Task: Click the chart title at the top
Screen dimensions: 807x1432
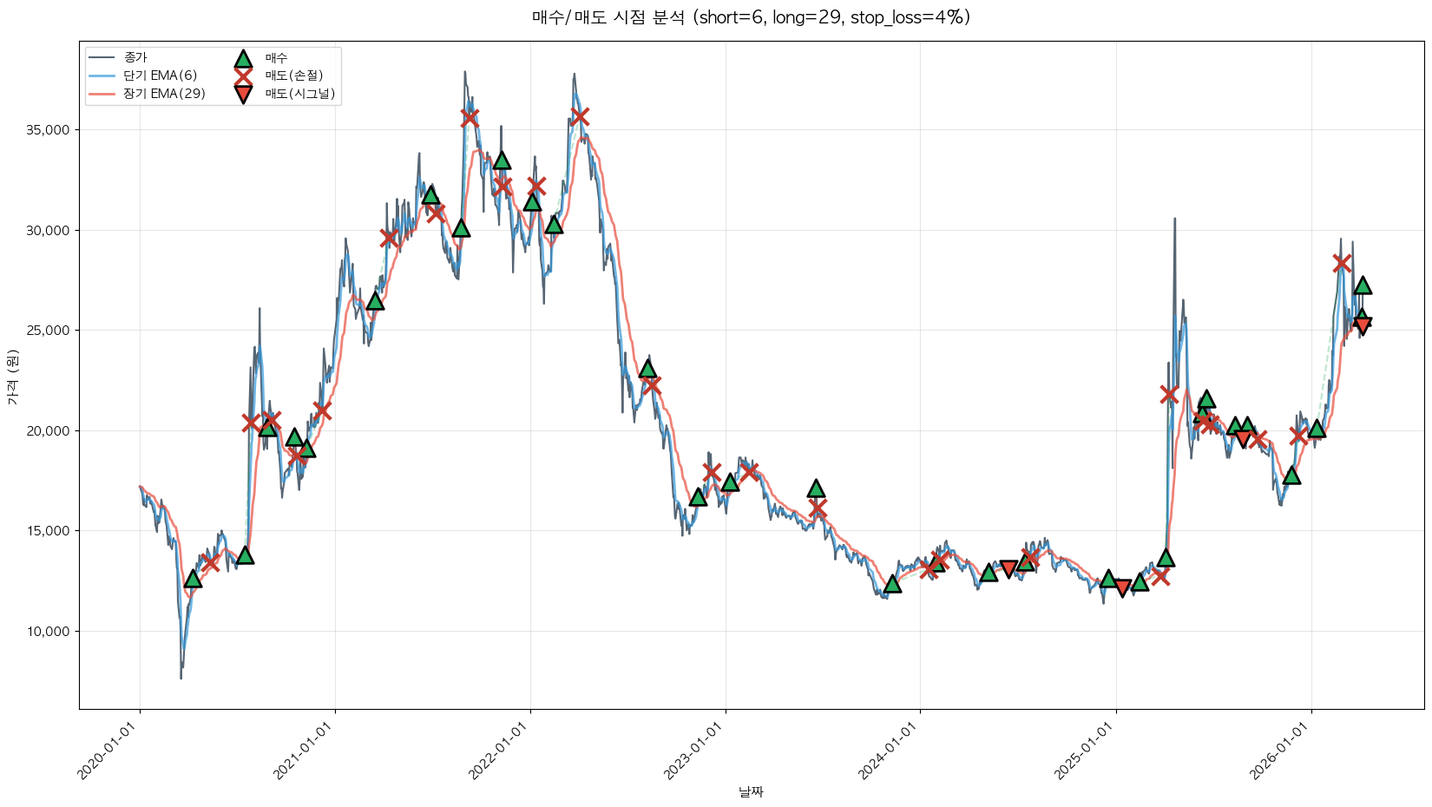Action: coord(751,17)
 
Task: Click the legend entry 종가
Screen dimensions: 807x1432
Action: coord(135,57)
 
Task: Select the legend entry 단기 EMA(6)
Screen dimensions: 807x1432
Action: coord(160,75)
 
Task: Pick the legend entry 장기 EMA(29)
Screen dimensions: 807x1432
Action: coord(164,94)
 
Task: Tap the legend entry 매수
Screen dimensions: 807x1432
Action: coord(276,57)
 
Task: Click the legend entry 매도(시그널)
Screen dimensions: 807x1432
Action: coord(299,94)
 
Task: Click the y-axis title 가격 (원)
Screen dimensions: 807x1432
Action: coord(12,377)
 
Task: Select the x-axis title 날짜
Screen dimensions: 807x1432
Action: coord(751,791)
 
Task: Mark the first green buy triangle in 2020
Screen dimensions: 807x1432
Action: coord(193,578)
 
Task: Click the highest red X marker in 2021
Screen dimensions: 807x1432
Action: coord(470,117)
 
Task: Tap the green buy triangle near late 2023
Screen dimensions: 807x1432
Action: coord(892,584)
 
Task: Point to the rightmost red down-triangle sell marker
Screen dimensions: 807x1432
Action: coord(1363,325)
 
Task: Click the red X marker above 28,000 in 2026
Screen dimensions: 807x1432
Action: coord(1342,263)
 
